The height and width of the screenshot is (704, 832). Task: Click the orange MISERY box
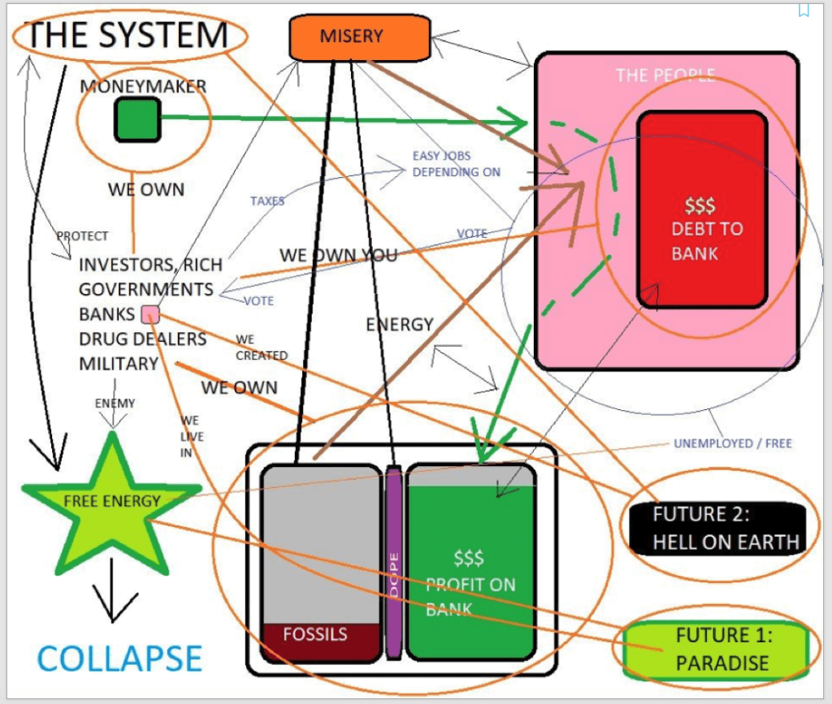pyautogui.click(x=359, y=37)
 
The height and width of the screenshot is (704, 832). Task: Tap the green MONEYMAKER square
pyautogui.click(x=136, y=118)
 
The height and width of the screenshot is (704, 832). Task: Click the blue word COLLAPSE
pyautogui.click(x=119, y=659)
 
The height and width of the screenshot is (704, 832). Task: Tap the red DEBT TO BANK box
pyautogui.click(x=703, y=209)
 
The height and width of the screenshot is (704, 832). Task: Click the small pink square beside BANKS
pyautogui.click(x=150, y=314)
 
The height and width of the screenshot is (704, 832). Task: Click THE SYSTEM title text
pyautogui.click(x=128, y=34)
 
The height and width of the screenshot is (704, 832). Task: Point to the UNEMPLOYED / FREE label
pyautogui.click(x=732, y=444)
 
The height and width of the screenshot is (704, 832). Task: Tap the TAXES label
pyautogui.click(x=267, y=200)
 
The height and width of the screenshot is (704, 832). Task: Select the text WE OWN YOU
pyautogui.click(x=338, y=256)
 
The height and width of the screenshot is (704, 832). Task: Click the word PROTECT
pyautogui.click(x=82, y=236)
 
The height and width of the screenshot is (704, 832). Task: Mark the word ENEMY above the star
pyautogui.click(x=115, y=403)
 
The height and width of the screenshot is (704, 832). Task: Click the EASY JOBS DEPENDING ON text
pyautogui.click(x=456, y=164)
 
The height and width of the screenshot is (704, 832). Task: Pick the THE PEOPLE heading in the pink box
pyautogui.click(x=665, y=76)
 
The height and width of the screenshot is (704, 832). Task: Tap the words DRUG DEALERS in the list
pyautogui.click(x=142, y=339)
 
